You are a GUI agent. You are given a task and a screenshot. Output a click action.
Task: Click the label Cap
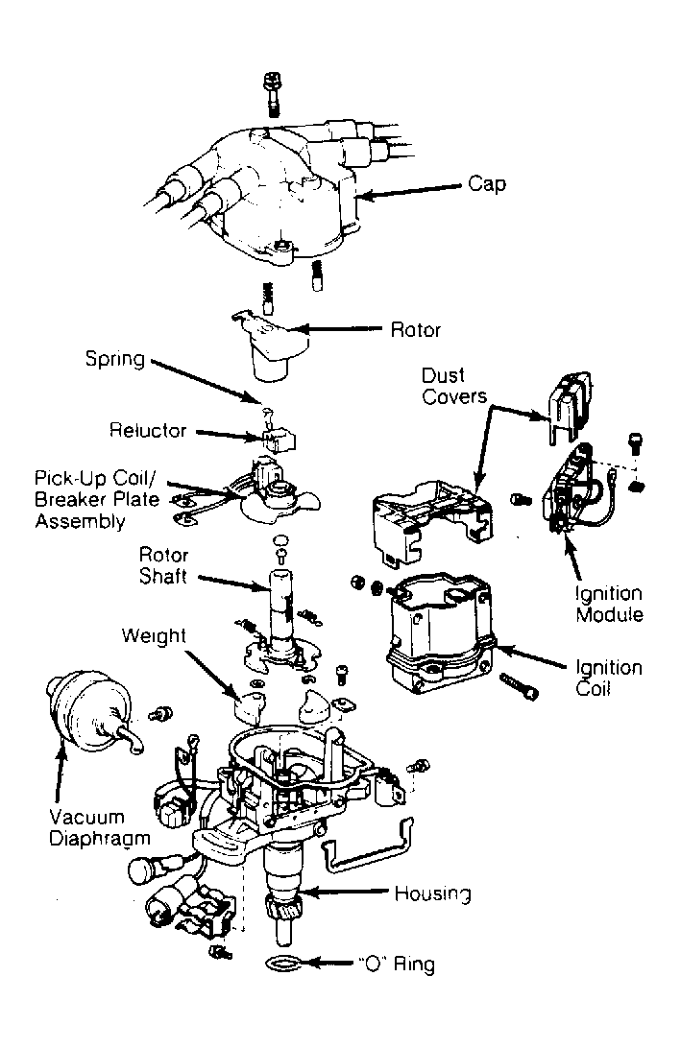(486, 184)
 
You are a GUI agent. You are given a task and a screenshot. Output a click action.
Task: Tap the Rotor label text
(416, 329)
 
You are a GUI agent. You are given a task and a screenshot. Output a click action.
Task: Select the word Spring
(115, 360)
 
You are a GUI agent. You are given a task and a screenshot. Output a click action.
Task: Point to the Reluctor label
(148, 430)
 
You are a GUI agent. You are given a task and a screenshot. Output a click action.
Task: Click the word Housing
(433, 893)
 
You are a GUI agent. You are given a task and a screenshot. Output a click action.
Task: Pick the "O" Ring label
(396, 964)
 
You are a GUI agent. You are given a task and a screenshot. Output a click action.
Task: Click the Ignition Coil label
(609, 678)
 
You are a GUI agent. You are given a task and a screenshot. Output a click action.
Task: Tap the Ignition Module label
(609, 604)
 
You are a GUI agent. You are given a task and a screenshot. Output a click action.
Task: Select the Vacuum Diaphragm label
(100, 827)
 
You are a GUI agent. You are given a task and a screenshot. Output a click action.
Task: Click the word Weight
(154, 635)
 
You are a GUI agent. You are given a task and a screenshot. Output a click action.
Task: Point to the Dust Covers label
(454, 386)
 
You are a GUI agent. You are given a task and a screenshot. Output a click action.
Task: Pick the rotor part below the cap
(273, 345)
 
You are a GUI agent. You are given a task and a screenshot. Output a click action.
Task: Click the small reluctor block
(279, 440)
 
